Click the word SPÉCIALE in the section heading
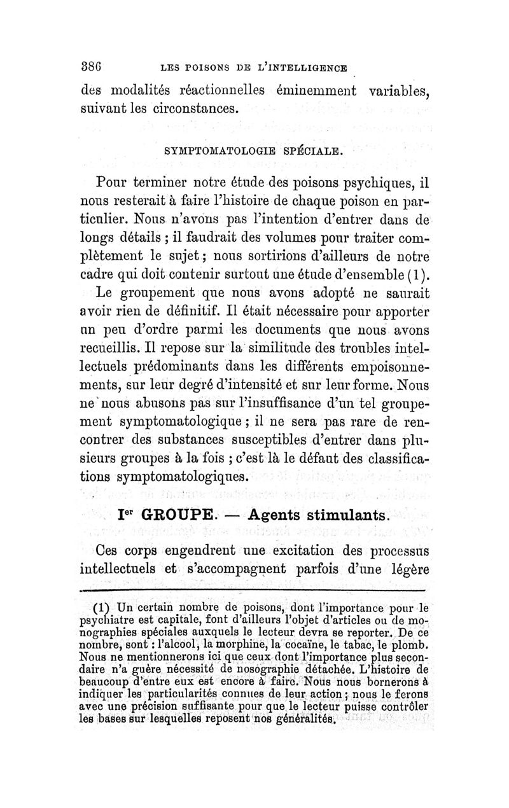point(312,151)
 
